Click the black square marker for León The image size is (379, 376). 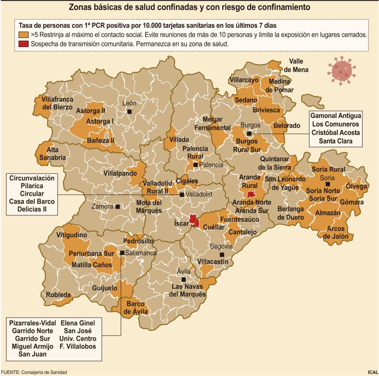(x=129, y=111)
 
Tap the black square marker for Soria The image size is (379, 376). (x=327, y=184)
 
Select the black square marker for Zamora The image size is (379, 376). (x=118, y=207)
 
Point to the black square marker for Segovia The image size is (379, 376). (x=222, y=255)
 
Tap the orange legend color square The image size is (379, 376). (x=23, y=35)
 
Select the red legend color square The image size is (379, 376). (x=23, y=44)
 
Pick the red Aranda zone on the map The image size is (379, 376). (x=251, y=194)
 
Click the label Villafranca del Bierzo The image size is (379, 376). (x=57, y=103)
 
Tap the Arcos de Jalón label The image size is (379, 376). (x=336, y=233)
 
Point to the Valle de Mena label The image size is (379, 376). (x=296, y=65)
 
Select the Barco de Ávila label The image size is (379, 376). (x=135, y=307)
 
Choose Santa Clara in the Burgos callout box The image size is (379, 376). (x=335, y=141)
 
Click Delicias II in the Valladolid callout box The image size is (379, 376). (x=32, y=209)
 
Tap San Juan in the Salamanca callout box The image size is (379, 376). (x=32, y=354)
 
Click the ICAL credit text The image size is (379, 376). (x=373, y=372)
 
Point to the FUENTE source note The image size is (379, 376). (x=34, y=372)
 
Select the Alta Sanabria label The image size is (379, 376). (x=53, y=154)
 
